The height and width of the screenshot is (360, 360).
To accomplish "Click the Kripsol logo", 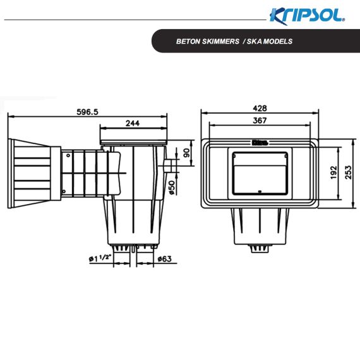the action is point(307,16).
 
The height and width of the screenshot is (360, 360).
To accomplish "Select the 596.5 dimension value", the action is point(87,112).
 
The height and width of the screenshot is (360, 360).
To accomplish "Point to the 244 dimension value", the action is point(133,123).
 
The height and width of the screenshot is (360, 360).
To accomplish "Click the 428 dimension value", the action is point(260,108).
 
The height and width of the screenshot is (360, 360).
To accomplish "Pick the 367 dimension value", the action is point(260,120).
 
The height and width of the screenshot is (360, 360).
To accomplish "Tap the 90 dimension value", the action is point(187,153).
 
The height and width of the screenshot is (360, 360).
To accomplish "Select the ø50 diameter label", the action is point(172,188).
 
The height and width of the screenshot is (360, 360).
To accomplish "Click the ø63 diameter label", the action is point(165,259).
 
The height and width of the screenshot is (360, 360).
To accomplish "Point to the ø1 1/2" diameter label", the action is point(100,258).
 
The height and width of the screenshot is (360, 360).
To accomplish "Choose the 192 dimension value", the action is point(333,172).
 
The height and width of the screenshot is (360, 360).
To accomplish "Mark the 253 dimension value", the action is point(348,172).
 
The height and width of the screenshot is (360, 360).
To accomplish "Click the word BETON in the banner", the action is point(187,41).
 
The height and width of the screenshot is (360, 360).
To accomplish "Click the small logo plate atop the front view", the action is point(260,143).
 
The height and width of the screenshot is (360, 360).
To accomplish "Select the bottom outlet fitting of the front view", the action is point(260,248).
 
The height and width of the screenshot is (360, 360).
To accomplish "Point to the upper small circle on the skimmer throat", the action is point(68,155).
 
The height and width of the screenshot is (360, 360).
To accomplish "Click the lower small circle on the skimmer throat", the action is point(64,191).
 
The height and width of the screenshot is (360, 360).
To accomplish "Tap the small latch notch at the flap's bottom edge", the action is point(260,191).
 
